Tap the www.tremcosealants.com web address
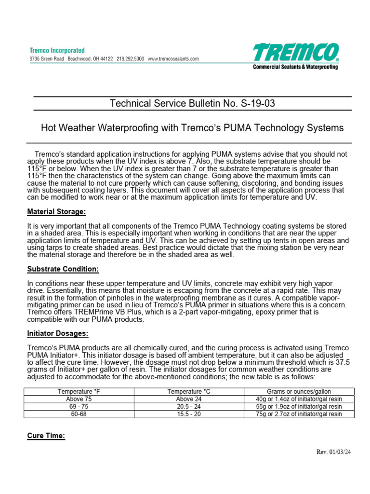click(173, 59)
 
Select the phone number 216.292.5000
click(130, 59)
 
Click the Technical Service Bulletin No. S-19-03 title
click(193, 103)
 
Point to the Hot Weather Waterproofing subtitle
click(192, 128)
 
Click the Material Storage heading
click(56, 211)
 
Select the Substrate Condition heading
click(63, 269)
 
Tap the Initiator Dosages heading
click(58, 333)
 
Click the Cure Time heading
click(46, 436)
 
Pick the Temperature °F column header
click(78, 392)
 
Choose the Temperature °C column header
click(188, 392)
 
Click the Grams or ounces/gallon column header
click(299, 392)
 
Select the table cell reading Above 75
click(78, 399)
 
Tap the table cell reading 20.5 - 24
click(188, 407)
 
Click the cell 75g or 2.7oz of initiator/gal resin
click(299, 414)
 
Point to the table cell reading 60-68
click(78, 414)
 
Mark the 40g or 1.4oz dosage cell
click(299, 399)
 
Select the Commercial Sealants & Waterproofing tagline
click(295, 67)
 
